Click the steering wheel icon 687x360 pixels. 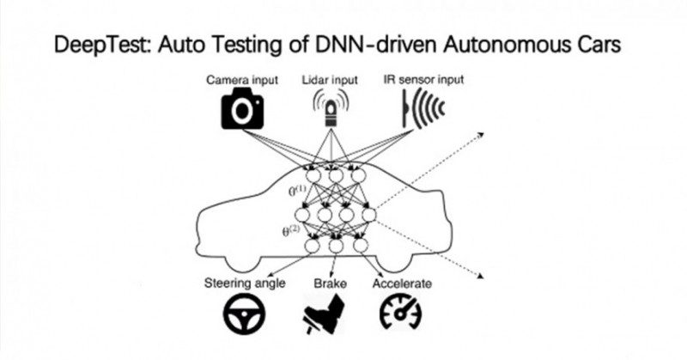pos(244,314)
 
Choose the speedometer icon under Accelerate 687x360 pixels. pos(399,314)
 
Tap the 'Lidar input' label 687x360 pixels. pos(328,80)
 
